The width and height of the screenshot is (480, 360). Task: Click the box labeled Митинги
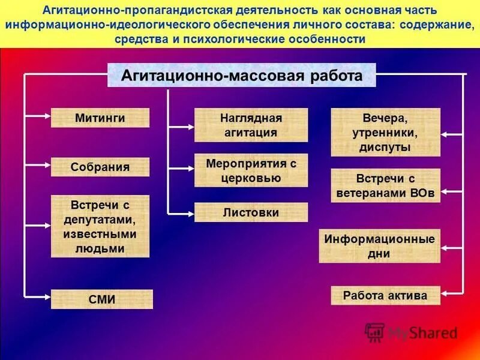100,118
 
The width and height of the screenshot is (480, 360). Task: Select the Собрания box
100,167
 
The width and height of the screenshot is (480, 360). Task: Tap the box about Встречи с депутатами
100,226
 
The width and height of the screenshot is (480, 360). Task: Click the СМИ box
102,299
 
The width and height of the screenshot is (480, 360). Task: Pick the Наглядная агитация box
251,125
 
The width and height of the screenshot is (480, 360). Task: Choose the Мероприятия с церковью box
251,170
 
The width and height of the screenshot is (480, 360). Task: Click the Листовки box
251,212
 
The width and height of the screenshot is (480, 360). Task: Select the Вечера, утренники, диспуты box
386,132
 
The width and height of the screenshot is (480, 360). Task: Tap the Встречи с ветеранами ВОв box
386,185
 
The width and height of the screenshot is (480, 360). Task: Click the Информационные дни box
379,245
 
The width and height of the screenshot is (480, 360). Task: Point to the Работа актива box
386,295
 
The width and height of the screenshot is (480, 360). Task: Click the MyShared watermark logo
412,332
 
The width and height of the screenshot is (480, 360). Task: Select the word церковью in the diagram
251,177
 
